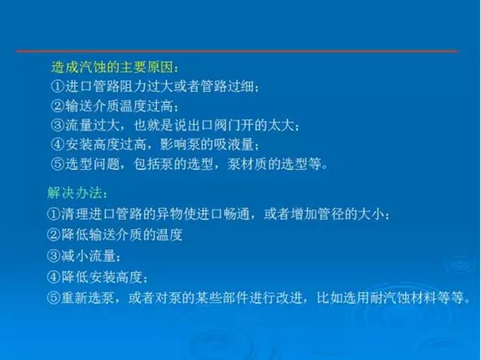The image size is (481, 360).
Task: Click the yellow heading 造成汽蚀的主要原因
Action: (x=112, y=67)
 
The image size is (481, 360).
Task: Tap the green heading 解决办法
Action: (x=74, y=193)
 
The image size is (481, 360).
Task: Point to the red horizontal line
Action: (x=237, y=51)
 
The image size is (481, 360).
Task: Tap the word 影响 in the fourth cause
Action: (x=173, y=144)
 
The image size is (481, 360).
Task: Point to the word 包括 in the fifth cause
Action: (x=146, y=164)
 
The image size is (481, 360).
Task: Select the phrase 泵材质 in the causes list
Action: (x=248, y=164)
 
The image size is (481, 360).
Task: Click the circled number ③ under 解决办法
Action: (x=54, y=256)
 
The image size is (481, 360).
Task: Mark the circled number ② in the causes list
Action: (x=58, y=106)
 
